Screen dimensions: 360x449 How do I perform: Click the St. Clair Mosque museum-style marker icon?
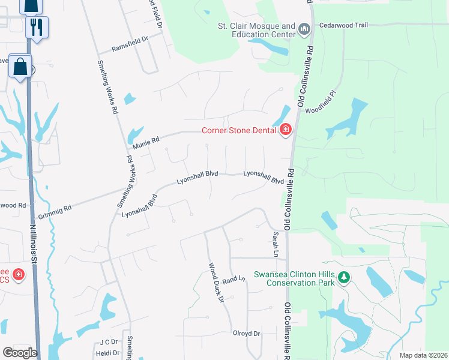coord(304,29)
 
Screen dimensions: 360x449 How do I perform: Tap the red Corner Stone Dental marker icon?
coord(286,130)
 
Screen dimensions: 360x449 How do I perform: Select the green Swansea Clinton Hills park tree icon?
coord(344,277)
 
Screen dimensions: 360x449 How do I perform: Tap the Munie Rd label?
coord(146,142)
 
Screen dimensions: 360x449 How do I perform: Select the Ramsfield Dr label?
coord(130,42)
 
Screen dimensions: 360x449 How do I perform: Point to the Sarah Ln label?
coord(276,245)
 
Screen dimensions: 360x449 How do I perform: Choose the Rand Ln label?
coord(234,279)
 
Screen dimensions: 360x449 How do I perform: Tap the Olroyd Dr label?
coord(246,333)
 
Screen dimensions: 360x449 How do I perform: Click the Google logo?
coord(20,353)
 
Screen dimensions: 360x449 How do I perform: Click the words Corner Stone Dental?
coord(238,130)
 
